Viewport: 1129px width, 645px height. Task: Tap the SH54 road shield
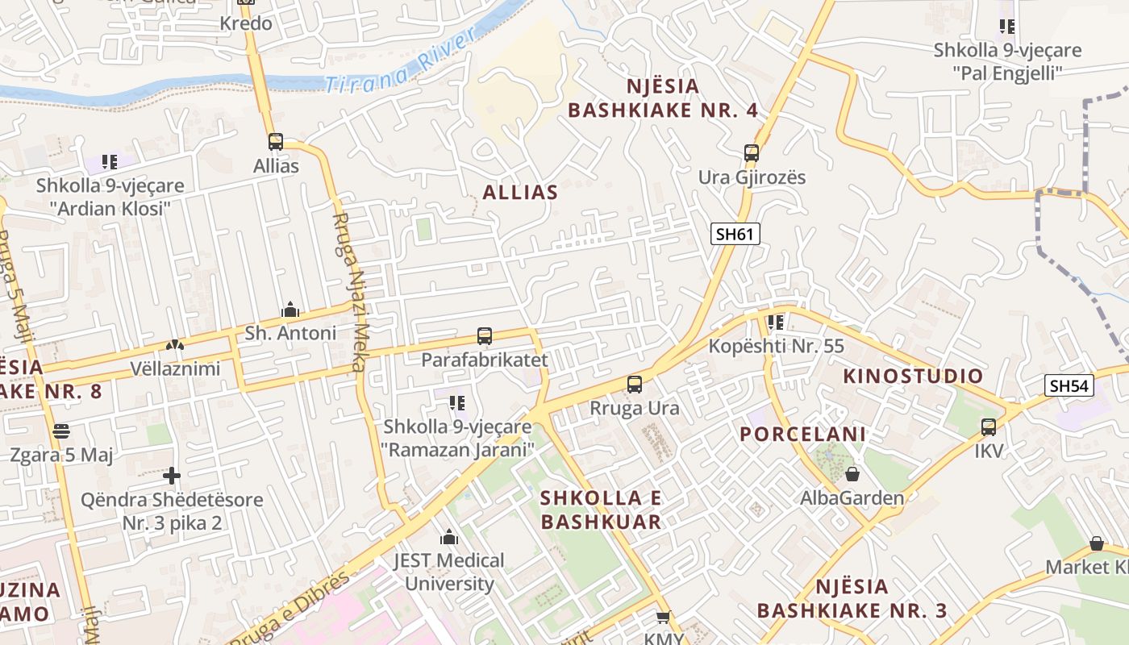point(1070,386)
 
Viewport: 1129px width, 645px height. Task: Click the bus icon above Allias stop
point(276,142)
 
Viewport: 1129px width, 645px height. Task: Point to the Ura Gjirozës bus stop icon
point(752,152)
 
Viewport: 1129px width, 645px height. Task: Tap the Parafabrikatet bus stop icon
point(484,336)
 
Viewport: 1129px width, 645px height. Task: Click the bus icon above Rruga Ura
point(635,385)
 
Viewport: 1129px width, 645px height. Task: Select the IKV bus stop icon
point(989,427)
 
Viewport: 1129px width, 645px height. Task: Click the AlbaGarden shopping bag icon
point(852,474)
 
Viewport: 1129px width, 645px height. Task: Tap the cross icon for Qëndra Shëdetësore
point(171,476)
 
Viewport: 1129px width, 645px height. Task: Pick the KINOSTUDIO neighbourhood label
point(913,376)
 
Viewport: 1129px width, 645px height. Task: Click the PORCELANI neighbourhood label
point(802,434)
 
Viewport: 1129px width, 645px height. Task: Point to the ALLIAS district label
point(520,192)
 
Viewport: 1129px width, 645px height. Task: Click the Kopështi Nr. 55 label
point(776,347)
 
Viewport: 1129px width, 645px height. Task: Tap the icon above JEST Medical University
point(449,537)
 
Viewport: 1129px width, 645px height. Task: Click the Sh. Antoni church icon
point(290,310)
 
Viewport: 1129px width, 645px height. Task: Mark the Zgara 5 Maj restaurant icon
point(60,431)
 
